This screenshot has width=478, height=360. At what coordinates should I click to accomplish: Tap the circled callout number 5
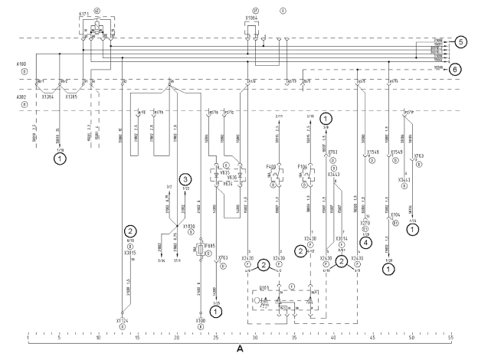(x=460, y=42)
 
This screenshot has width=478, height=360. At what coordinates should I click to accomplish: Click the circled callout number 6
(x=456, y=68)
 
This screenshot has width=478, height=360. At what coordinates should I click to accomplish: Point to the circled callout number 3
(x=185, y=181)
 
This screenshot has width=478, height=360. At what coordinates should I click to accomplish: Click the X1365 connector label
(x=71, y=97)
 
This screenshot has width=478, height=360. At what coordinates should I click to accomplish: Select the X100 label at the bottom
(x=200, y=321)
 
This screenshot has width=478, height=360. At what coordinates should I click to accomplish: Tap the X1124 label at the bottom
(x=121, y=321)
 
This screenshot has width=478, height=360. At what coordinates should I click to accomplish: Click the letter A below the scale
(x=240, y=349)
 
